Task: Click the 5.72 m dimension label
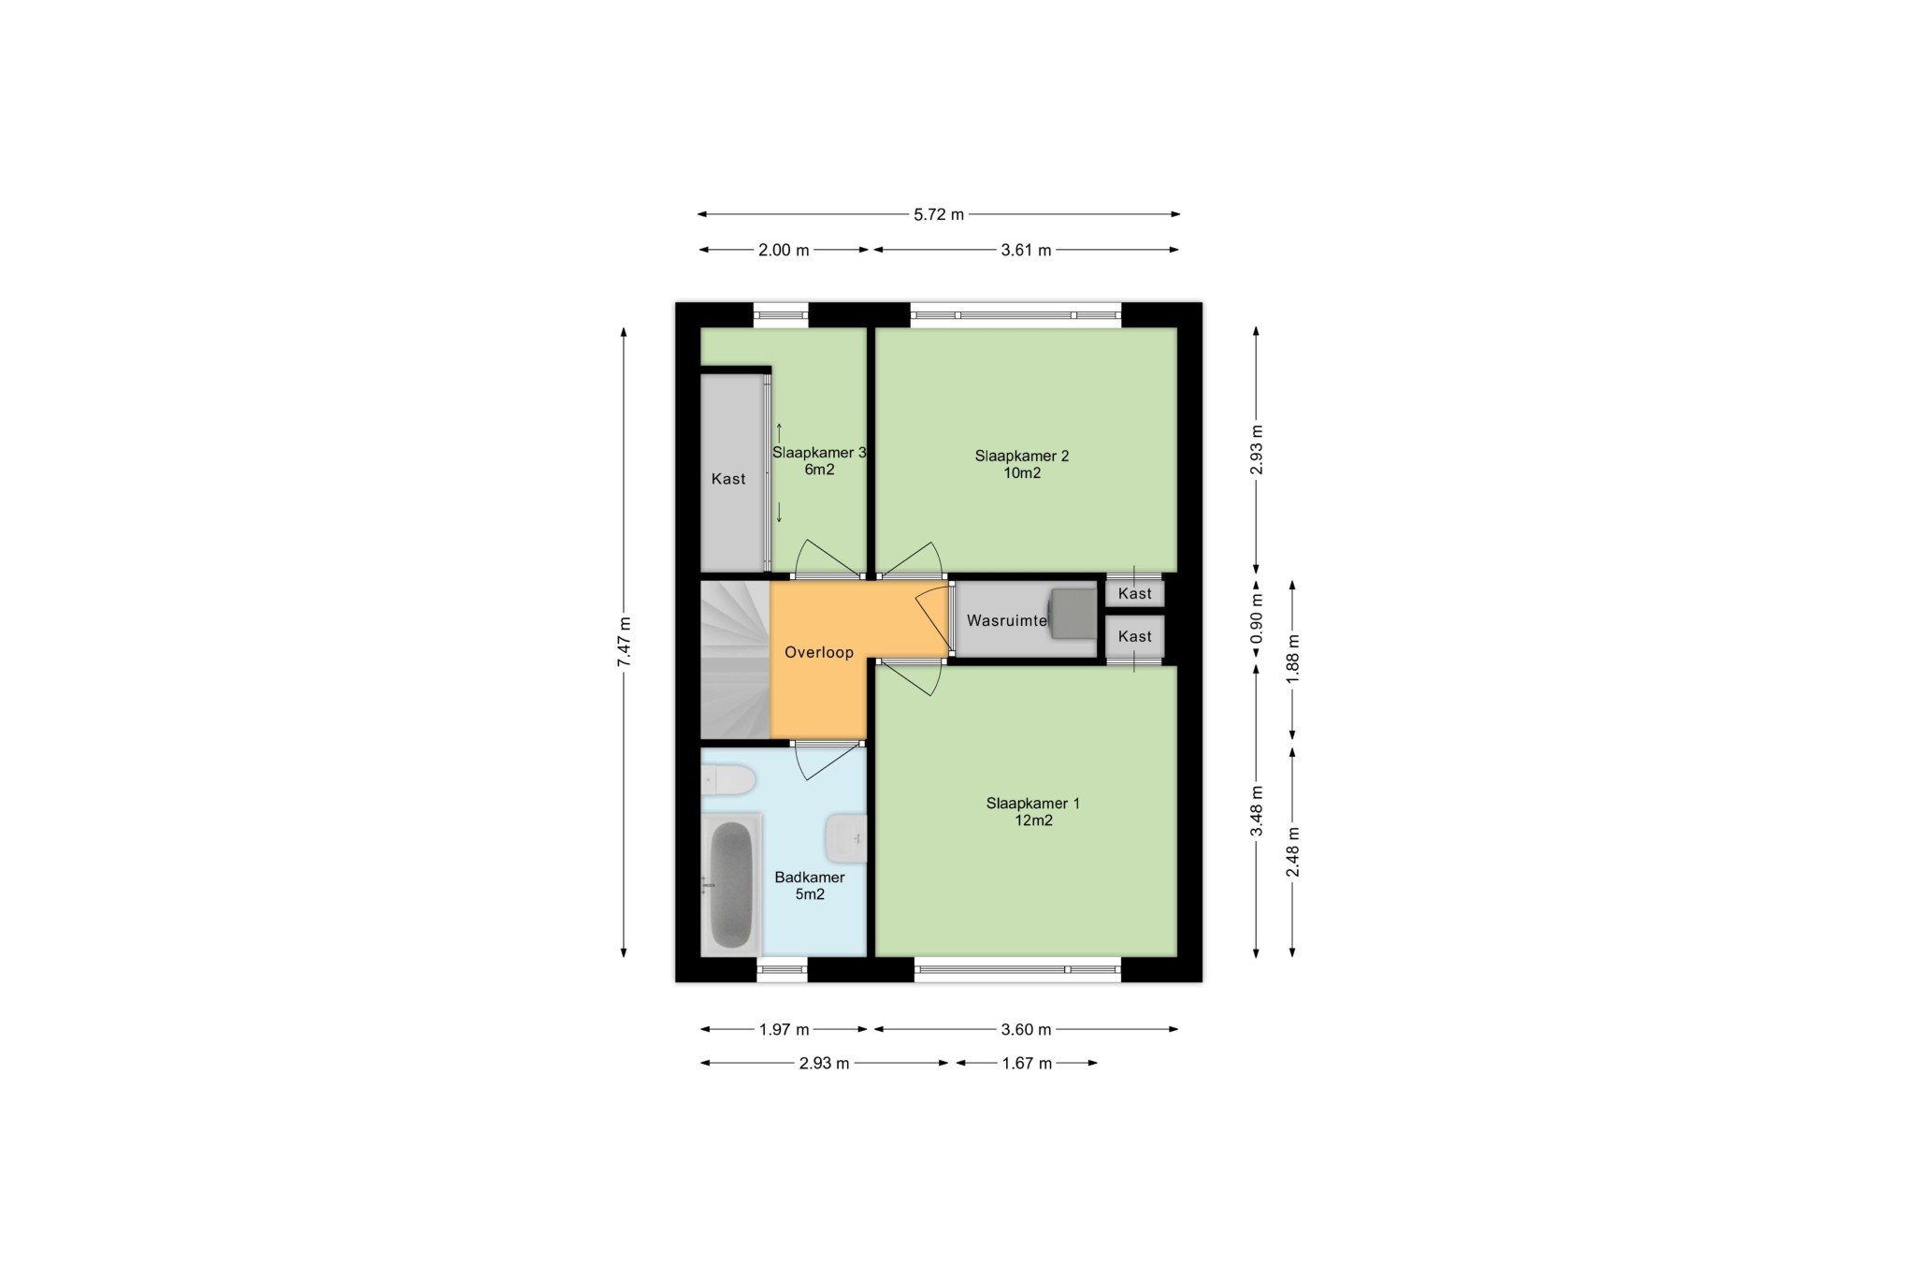(939, 214)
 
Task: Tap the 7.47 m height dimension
(625, 642)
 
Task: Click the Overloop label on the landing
(819, 653)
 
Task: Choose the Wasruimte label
(1006, 620)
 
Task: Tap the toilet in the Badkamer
(728, 779)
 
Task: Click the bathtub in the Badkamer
(731, 885)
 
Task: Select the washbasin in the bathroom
(846, 837)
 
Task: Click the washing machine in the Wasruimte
(1073, 614)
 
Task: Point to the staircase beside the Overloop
(736, 660)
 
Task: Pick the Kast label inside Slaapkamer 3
(728, 479)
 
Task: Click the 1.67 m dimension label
(1027, 1063)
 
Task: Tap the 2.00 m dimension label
(784, 250)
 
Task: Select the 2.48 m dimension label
(1293, 852)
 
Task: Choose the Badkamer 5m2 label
(810, 886)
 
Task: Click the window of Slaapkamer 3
(782, 315)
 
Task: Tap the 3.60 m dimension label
(1026, 1029)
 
